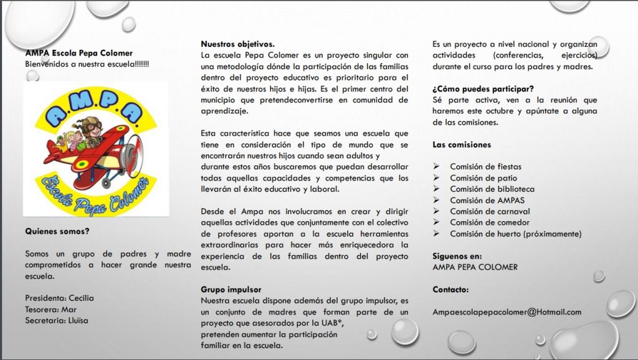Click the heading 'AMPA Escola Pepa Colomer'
coord(79,54)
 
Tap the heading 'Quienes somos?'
coord(57,231)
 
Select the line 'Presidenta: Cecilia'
coord(59,298)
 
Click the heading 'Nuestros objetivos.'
coord(237,44)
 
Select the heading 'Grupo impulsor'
coord(231,290)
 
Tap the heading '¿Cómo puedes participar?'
coord(483,89)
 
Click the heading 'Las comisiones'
coord(462,144)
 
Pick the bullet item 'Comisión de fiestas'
coord(486,167)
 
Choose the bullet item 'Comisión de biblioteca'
coord(492,189)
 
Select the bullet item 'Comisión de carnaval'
coord(490,212)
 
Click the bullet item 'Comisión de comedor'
coord(489,223)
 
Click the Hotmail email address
coord(507,313)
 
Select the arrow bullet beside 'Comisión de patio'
coord(437,178)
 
